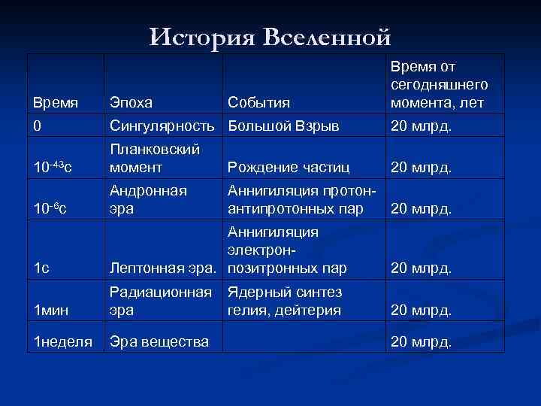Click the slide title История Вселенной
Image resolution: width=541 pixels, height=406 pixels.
click(x=270, y=35)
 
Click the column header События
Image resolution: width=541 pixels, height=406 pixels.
click(x=258, y=102)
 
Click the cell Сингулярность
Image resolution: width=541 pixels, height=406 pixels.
click(x=165, y=126)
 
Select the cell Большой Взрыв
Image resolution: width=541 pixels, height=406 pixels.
click(x=283, y=126)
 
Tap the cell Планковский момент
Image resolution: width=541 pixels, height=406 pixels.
click(x=149, y=159)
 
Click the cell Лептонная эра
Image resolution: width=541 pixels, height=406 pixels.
click(x=165, y=267)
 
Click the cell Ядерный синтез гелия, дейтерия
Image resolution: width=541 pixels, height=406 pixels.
click(x=285, y=301)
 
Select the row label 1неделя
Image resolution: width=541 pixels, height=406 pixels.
click(x=62, y=342)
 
